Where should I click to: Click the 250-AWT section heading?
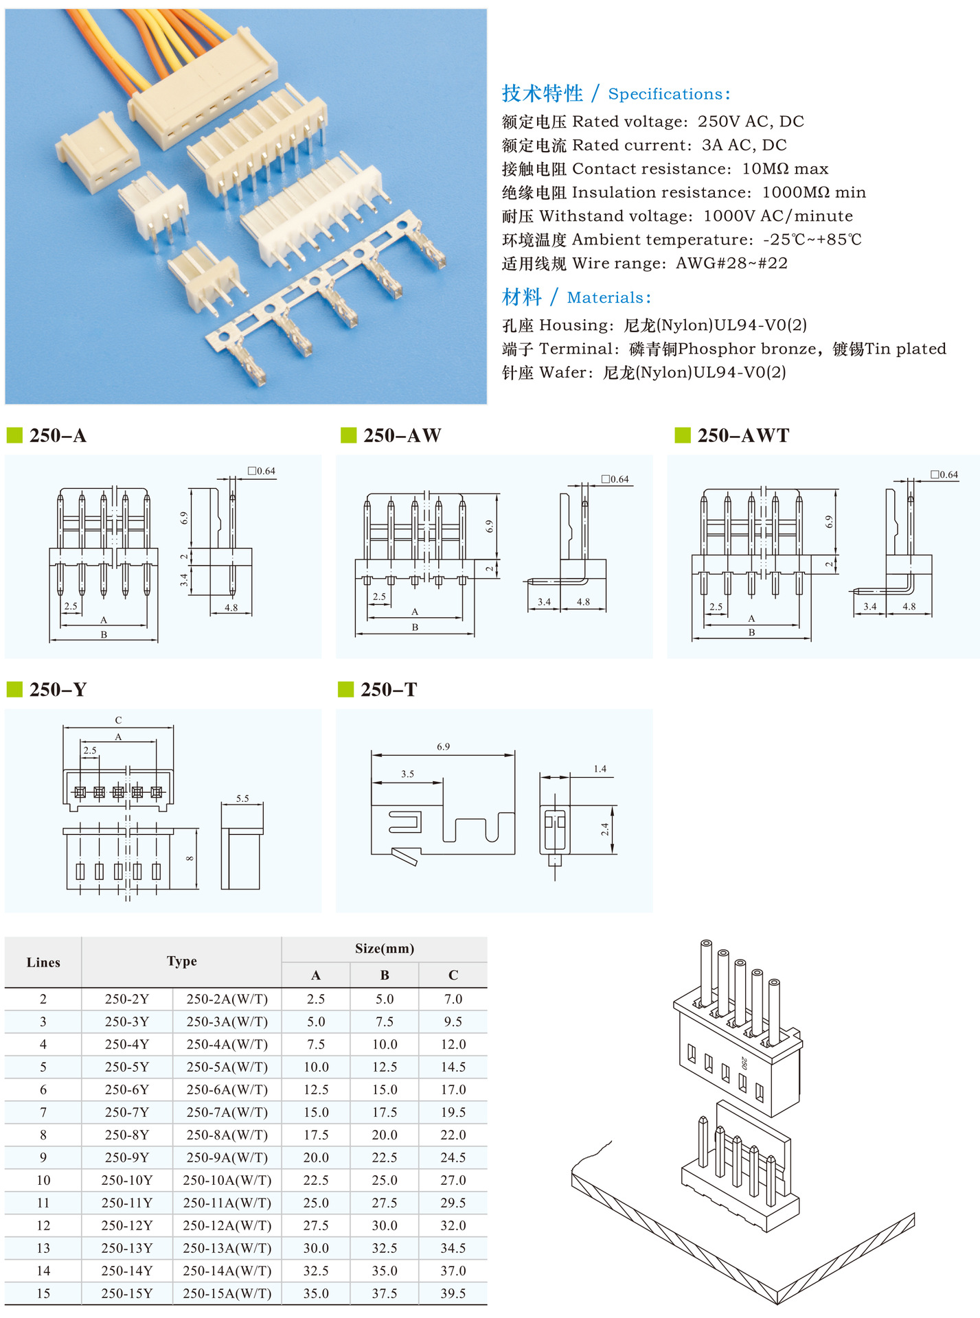743,435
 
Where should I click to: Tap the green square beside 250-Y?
14,689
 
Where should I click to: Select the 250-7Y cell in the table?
126,1112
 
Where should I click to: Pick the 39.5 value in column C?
453,1293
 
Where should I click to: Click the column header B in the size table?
385,975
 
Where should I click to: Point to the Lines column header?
43,962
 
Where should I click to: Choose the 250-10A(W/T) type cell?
227,1180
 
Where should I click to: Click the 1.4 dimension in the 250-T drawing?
600,769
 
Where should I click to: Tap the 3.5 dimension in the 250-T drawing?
407,774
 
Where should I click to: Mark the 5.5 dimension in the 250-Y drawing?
242,798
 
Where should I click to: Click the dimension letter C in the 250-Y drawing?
118,720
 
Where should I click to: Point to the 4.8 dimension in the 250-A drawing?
231,608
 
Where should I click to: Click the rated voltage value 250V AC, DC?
751,122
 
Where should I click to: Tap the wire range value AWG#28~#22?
731,264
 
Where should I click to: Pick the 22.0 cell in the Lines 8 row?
453,1135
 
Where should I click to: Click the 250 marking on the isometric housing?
744,1063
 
